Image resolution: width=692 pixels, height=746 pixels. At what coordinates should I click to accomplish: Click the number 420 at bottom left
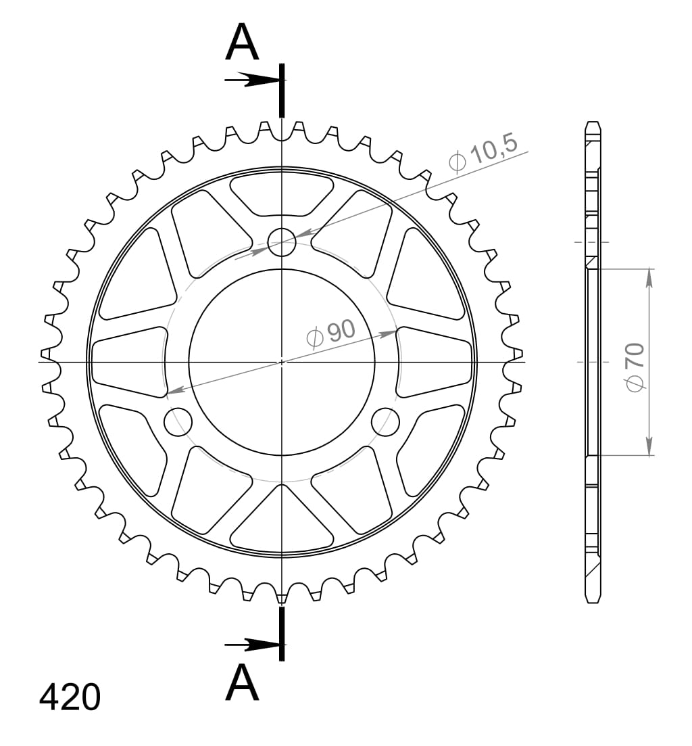tap(70, 697)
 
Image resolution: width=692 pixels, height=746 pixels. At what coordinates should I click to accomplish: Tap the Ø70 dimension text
tap(636, 366)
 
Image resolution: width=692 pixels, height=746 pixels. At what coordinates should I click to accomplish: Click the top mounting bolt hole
tap(282, 242)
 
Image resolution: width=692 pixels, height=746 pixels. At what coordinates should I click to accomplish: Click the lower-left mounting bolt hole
tap(178, 421)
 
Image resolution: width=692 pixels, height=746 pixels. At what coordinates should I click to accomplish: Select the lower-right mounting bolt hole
tap(385, 421)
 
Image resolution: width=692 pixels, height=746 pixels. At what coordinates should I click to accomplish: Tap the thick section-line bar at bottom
tap(282, 633)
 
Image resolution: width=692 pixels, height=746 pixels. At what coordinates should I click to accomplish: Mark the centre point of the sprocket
tap(282, 362)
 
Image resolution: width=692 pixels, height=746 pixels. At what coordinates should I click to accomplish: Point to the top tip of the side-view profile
tap(592, 124)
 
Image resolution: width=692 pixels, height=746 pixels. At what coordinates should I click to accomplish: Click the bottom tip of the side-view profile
tap(592, 601)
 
